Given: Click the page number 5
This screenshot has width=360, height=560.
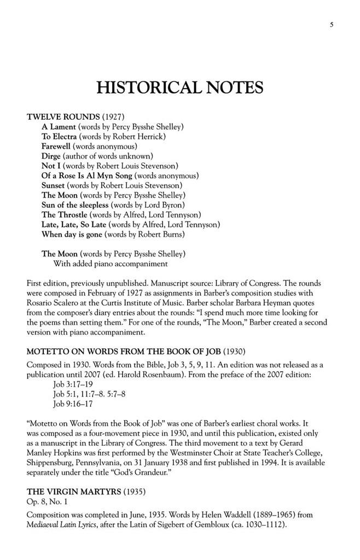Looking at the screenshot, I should (x=332, y=24).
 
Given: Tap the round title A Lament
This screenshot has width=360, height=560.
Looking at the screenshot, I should (x=62, y=126).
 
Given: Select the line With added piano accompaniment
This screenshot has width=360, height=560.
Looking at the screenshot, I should (x=110, y=264).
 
